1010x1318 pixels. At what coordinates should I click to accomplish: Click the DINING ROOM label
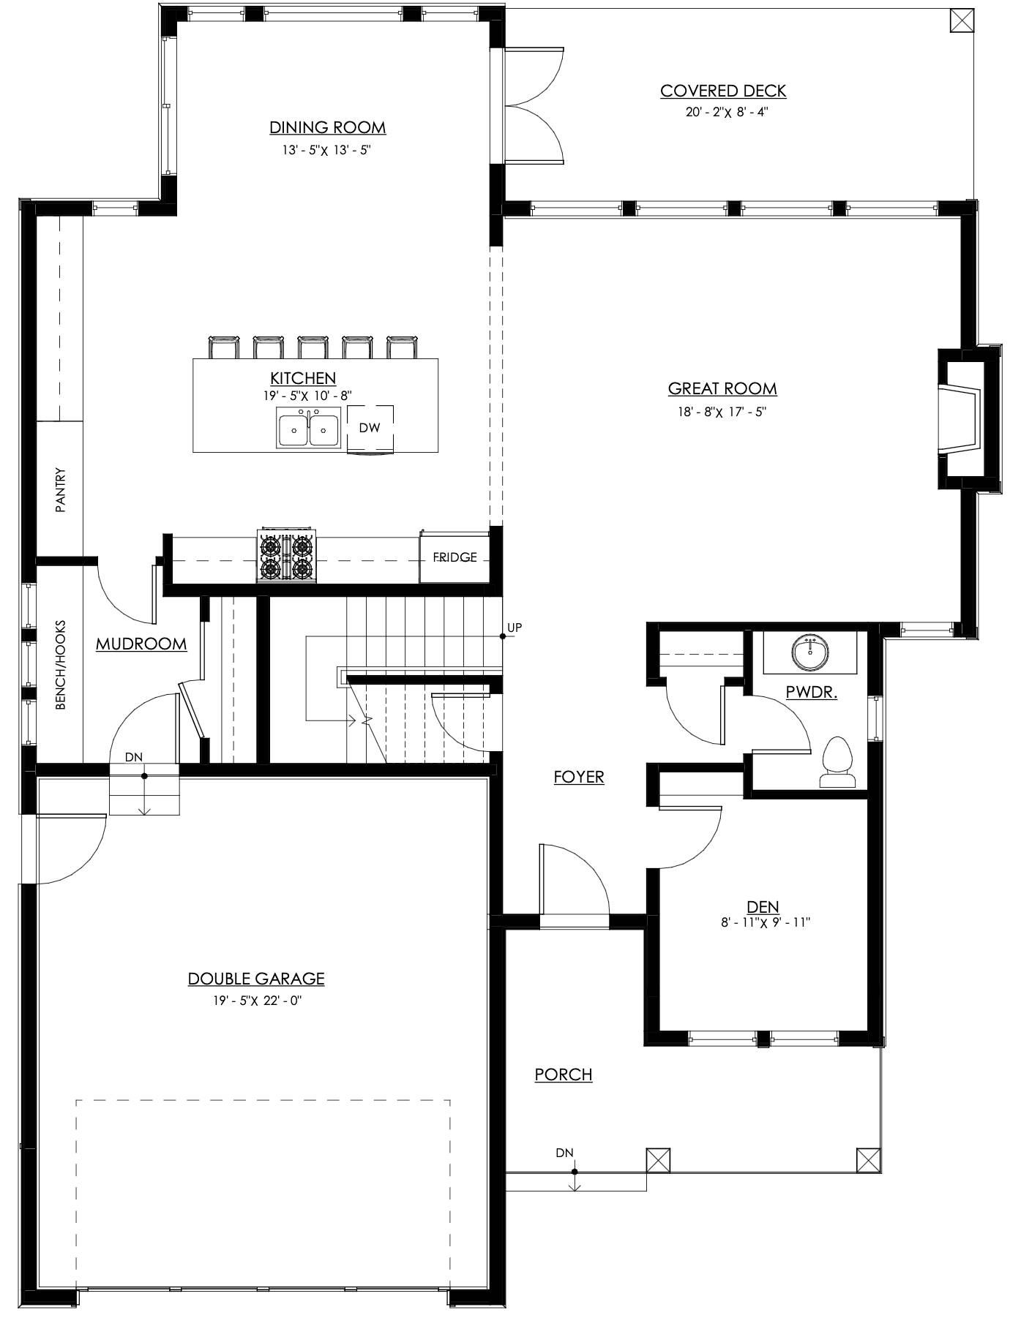pos(327,127)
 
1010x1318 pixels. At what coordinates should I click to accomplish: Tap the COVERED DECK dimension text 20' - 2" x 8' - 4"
pos(723,113)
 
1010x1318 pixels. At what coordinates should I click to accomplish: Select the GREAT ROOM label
pos(722,388)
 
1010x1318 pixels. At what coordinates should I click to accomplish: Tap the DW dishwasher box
pos(370,428)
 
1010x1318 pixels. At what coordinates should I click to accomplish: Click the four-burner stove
pos(285,557)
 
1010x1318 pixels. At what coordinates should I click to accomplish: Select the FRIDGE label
pos(454,557)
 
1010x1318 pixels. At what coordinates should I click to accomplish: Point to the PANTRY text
pos(61,490)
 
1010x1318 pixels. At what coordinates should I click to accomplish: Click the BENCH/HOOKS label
pos(61,665)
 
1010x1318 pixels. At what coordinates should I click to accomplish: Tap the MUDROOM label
pos(141,644)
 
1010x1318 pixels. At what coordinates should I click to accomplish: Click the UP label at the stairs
pos(515,628)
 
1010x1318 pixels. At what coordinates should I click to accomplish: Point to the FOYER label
pos(579,777)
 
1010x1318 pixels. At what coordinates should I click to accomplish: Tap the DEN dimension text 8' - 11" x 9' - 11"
pos(765,923)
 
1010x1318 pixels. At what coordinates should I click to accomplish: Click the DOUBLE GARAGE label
pos(256,979)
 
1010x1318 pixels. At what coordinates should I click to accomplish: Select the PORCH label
pos(564,1074)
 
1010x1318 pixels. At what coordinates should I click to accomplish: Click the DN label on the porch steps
pos(564,1153)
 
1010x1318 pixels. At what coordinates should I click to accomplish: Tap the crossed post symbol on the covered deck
pos(961,20)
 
